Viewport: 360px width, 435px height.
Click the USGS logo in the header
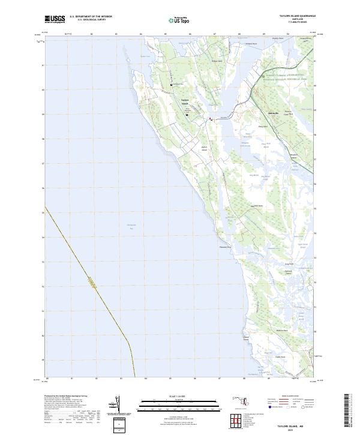coord(55,19)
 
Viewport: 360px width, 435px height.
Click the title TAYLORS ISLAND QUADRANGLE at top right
coord(296,16)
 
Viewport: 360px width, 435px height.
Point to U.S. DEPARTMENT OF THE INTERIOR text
coord(91,16)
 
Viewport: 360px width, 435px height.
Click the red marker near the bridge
coord(209,119)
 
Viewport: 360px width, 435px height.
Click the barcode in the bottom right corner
coord(346,413)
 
